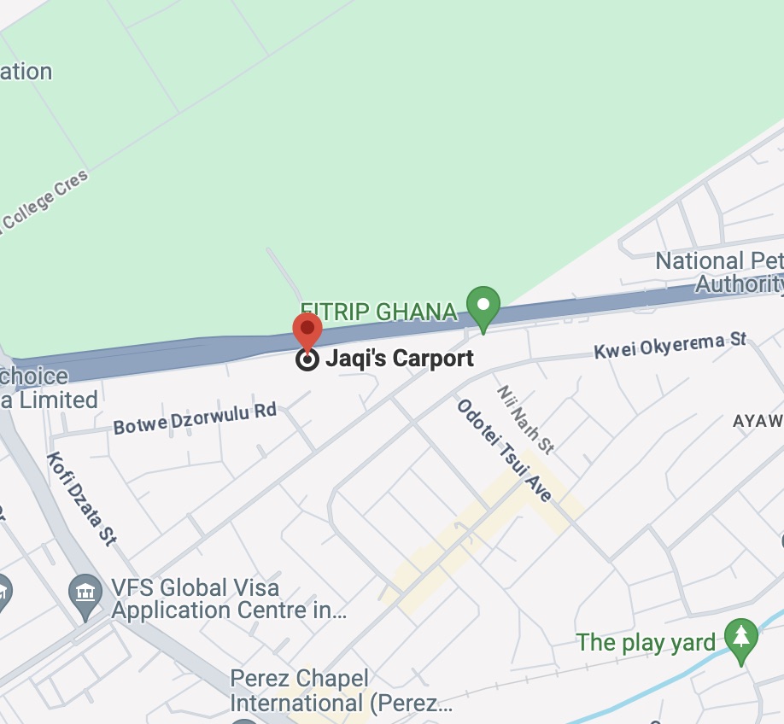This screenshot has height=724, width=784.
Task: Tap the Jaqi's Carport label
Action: point(399,359)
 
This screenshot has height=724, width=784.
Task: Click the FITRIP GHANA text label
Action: point(378,312)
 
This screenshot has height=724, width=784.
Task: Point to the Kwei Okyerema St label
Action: point(670,346)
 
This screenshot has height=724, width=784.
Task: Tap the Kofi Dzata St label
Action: point(81,497)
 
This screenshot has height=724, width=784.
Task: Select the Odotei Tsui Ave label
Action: point(504,450)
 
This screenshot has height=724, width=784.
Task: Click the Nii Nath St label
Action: point(526,418)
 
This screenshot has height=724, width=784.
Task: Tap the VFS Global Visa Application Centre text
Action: point(228,599)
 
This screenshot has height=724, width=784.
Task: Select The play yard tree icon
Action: point(740,637)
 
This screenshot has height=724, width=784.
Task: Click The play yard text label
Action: point(646,642)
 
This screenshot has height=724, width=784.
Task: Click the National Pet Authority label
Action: point(718,272)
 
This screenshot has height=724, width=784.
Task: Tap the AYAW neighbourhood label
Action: point(758,421)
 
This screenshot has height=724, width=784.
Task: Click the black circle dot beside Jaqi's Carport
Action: point(307,359)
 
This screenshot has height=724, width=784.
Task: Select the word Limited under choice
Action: point(56,399)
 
